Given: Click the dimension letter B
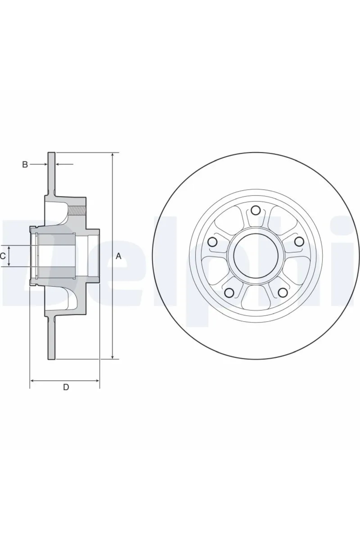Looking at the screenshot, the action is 25,164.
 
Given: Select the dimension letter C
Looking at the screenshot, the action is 3,256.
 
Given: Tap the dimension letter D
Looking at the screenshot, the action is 66,387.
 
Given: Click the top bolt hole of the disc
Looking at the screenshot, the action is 256,210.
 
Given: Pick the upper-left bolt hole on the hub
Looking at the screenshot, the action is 213,241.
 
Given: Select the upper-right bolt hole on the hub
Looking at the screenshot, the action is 298,241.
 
